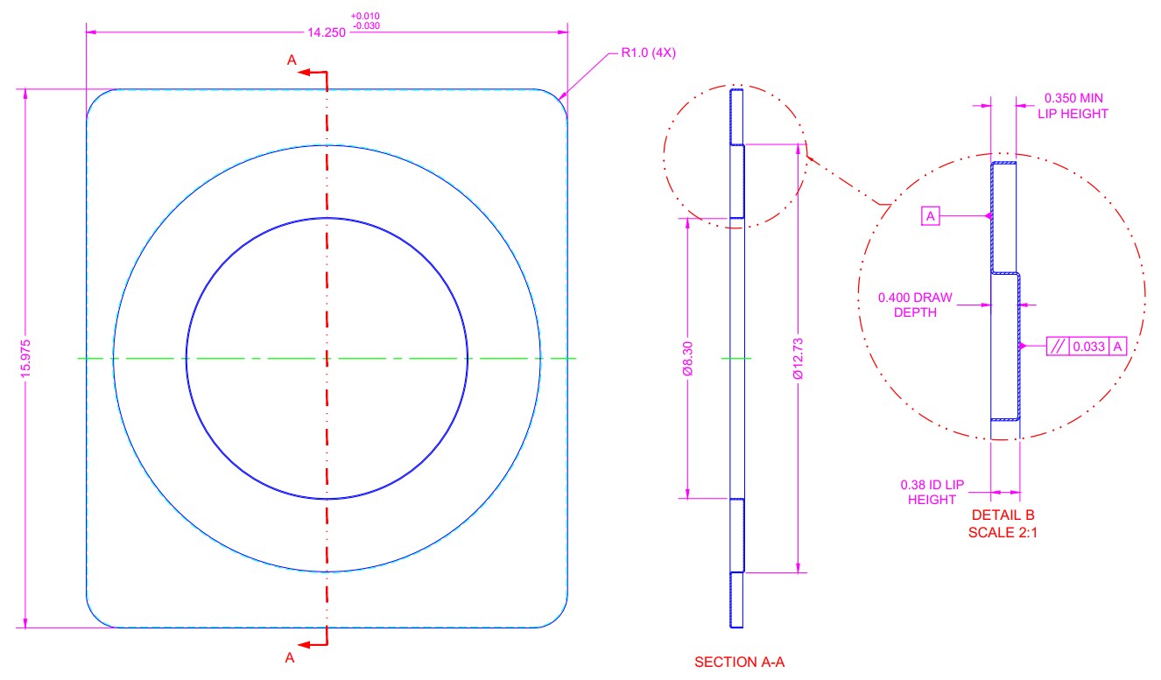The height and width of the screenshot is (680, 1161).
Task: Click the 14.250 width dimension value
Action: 326,32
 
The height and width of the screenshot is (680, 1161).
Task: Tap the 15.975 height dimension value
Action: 25,359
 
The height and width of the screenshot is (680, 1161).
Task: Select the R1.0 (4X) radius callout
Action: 649,53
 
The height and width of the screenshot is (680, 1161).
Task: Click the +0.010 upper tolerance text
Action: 365,16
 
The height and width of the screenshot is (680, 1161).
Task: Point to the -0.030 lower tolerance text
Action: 366,26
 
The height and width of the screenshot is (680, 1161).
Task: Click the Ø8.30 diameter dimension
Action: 688,359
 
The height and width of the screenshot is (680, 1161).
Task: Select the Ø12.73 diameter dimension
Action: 799,359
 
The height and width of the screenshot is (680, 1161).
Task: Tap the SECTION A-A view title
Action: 740,662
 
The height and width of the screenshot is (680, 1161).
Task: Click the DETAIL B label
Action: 1003,515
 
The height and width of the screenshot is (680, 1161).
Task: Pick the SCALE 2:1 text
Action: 1003,532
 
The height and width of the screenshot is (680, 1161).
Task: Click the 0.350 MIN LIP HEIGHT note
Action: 1073,106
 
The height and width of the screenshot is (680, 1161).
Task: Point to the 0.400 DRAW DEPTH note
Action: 915,305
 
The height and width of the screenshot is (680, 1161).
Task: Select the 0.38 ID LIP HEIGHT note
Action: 932,492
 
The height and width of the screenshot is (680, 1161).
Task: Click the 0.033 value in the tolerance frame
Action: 1089,347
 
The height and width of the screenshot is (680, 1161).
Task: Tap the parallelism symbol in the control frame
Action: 1058,347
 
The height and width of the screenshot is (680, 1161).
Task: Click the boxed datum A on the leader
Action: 931,216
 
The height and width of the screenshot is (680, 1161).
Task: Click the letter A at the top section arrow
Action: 292,60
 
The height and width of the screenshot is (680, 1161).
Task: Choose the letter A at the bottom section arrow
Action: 290,658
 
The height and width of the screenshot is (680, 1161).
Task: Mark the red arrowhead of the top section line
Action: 304,72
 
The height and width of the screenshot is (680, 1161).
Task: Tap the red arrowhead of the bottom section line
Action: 304,645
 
